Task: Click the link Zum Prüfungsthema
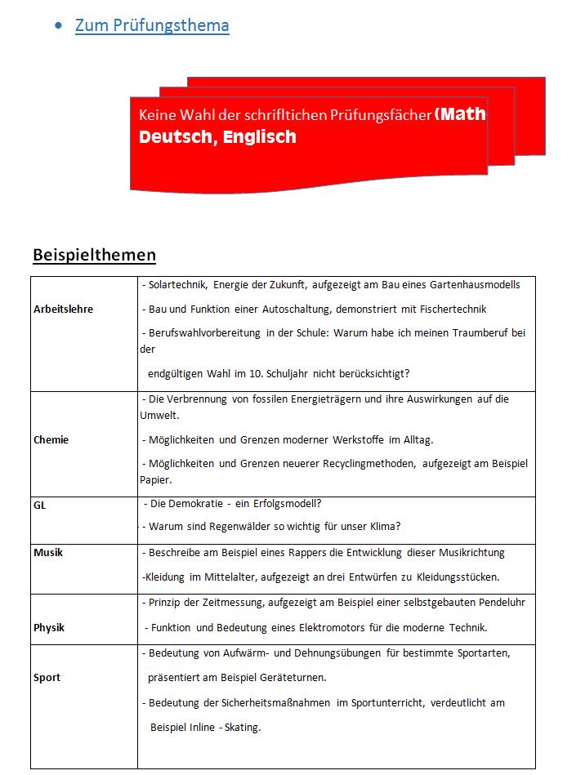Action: point(152,25)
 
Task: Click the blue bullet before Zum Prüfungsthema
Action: point(58,26)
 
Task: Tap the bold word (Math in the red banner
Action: point(461,114)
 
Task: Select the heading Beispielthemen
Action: point(94,255)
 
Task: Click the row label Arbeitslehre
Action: point(64,310)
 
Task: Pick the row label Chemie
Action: point(51,440)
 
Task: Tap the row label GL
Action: point(40,506)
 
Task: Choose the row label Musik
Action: point(48,553)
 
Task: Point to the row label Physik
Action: point(49,628)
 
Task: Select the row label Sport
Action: point(47,678)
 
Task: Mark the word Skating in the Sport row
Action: point(243,727)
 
